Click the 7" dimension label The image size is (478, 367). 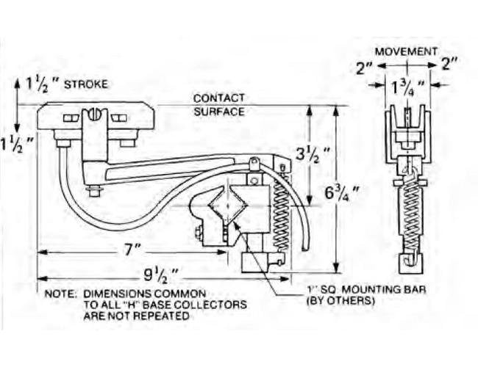132,250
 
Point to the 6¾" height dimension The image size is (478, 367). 345,195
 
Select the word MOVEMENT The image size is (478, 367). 406,51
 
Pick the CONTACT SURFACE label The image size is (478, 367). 219,105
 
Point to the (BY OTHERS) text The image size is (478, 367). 341,301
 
